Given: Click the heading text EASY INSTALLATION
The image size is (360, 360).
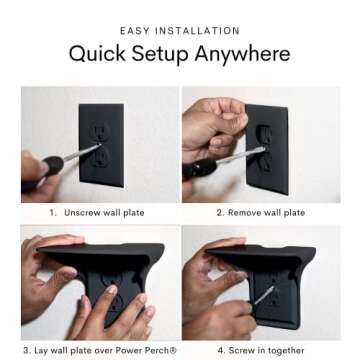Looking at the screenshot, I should pyautogui.click(x=180, y=31).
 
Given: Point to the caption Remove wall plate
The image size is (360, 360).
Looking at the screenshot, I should pyautogui.click(x=275, y=212).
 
